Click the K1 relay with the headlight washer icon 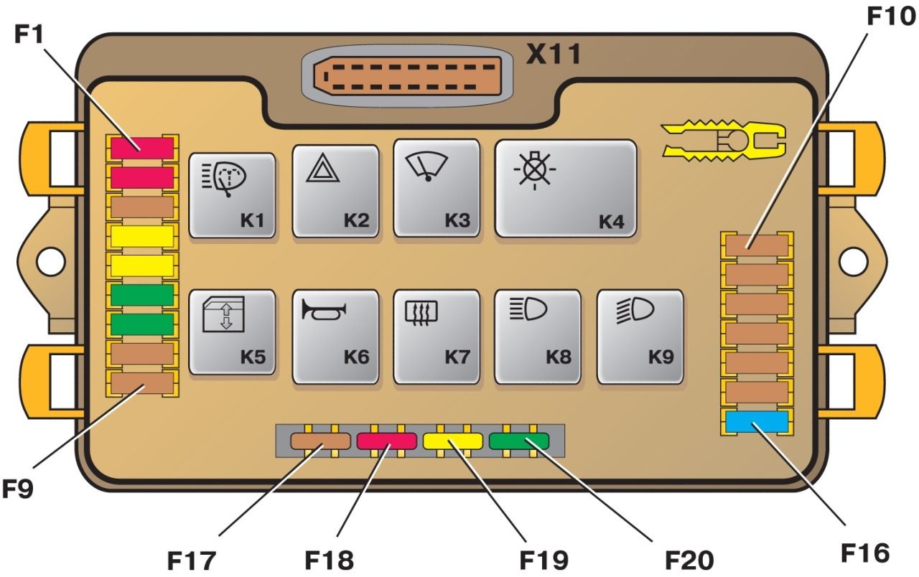(x=233, y=194)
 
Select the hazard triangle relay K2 (x=335, y=190)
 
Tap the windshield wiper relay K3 (x=437, y=187)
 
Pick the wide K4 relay (x=566, y=188)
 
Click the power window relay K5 (x=233, y=332)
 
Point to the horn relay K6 (x=335, y=332)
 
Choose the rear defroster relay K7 (x=437, y=332)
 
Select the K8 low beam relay (x=538, y=332)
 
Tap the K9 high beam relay (x=640, y=332)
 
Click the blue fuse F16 (x=757, y=422)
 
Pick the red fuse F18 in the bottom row (x=386, y=440)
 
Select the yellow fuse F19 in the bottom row (x=452, y=440)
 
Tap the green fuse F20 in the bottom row (x=518, y=440)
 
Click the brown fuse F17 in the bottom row (x=320, y=440)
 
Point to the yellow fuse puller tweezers (x=724, y=139)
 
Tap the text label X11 (x=553, y=55)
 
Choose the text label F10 (x=887, y=16)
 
